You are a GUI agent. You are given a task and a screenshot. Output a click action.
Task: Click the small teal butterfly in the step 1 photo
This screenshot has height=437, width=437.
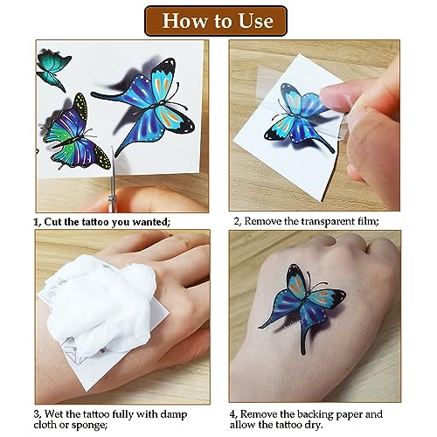[x=53, y=70]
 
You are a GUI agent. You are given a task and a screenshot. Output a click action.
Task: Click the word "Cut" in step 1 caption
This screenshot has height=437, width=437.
[x=53, y=222]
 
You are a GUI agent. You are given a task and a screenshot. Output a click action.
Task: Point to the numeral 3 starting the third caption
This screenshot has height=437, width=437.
[x=37, y=414]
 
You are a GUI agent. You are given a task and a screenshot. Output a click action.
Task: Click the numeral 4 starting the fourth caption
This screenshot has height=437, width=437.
[x=232, y=414]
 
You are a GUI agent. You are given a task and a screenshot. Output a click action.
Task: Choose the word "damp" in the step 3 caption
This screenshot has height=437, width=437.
[x=173, y=415]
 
